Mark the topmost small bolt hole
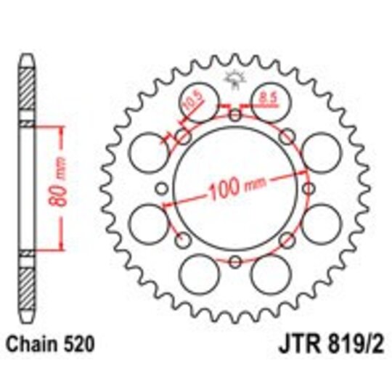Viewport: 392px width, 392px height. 234,116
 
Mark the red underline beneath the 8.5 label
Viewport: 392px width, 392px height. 266,101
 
